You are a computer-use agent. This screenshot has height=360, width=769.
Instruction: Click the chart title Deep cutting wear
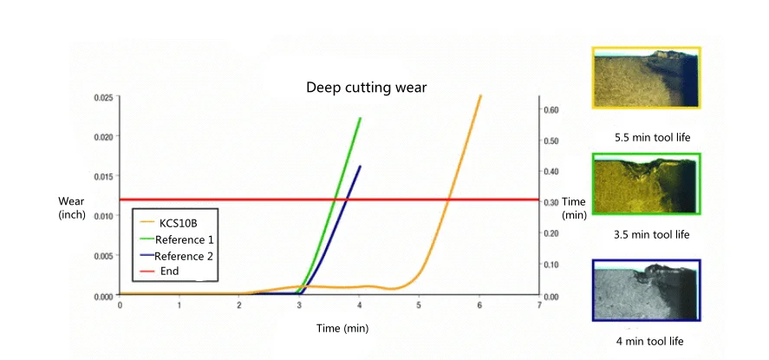point(367,88)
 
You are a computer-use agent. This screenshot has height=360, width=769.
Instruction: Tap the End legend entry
point(170,272)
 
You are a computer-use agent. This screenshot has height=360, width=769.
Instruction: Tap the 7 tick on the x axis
point(538,305)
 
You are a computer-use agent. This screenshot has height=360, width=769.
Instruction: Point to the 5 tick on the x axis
point(419,305)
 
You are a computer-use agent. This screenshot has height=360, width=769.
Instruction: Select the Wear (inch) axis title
point(71,207)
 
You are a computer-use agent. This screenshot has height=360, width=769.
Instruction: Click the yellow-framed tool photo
point(646,78)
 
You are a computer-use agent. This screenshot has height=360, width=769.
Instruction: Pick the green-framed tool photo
point(646,184)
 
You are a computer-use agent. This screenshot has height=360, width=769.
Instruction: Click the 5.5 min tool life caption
point(652,137)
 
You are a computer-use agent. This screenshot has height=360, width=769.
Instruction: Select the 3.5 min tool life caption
point(652,234)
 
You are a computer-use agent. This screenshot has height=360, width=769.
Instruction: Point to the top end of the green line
point(361,118)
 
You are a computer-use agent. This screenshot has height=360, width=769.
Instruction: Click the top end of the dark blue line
point(360,167)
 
